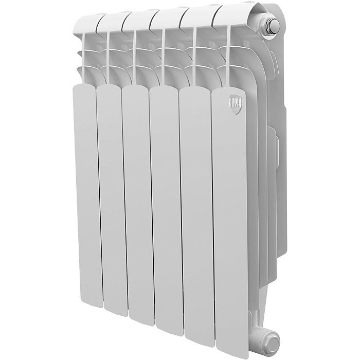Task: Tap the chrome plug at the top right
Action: click(x=273, y=25)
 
